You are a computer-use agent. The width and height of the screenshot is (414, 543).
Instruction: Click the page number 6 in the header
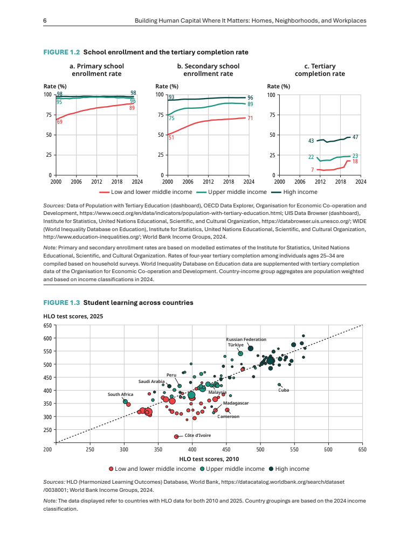pos(45,20)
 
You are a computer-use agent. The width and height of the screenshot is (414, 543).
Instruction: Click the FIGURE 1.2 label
pos(61,52)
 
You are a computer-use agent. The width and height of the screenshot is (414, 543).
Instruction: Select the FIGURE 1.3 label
pos(61,303)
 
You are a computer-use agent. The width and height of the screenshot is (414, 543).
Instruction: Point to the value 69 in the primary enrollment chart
pos(59,122)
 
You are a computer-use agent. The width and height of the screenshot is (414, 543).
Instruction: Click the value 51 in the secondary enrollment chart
pos(171,137)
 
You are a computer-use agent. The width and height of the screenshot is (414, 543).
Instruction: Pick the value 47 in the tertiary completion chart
pos(355,137)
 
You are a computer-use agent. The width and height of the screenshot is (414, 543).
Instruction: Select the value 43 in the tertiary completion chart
pos(311,141)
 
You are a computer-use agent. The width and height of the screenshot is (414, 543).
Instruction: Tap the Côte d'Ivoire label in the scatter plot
pos(197,435)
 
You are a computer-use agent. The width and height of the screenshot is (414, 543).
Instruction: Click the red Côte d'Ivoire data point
pos(176,436)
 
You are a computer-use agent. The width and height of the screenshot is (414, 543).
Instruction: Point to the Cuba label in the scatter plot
pos(284,390)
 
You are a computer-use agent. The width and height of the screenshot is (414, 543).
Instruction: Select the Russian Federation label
pos(246,339)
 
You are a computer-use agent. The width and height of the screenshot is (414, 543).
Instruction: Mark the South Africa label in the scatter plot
pos(120,394)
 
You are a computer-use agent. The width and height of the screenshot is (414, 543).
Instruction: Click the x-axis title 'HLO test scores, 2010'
pos(209,458)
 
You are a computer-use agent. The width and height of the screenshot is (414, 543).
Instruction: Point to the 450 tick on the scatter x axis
pos(226,449)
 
